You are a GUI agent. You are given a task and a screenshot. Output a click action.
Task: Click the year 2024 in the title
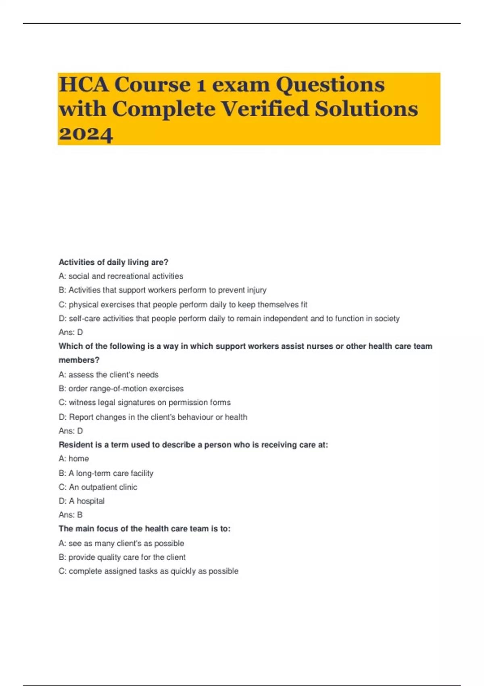[86, 134]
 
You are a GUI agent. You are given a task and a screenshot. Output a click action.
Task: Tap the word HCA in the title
[83, 85]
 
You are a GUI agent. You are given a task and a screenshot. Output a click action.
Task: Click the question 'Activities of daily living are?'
[113, 262]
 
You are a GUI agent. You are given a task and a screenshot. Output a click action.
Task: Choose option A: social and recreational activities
[121, 276]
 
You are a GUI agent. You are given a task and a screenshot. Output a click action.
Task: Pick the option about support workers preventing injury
[163, 290]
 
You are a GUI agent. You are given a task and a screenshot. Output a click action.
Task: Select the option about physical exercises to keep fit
[183, 305]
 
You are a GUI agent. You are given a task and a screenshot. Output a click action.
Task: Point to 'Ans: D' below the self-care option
[71, 333]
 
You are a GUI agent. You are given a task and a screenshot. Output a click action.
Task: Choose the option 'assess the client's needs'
[108, 374]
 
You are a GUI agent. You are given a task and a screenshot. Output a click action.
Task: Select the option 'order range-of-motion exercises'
[121, 389]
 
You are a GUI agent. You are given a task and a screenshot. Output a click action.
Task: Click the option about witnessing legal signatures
[144, 403]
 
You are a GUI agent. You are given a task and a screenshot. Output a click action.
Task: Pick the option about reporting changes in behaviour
[153, 417]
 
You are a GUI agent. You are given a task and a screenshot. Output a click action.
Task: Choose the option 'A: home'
[74, 459]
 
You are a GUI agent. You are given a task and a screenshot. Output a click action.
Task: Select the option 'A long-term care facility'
[106, 473]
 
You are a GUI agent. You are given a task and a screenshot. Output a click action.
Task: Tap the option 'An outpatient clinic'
[98, 487]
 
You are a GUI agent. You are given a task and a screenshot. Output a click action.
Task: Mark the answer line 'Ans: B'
[71, 515]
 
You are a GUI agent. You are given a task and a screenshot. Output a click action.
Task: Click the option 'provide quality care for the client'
[122, 557]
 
